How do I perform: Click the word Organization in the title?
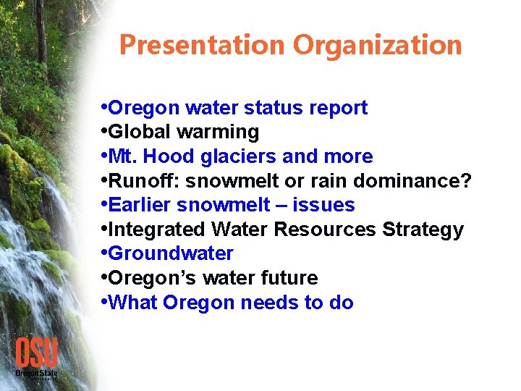coord(377,46)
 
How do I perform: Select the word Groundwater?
coord(171,253)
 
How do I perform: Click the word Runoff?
coord(144,181)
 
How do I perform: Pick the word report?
coord(338,108)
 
